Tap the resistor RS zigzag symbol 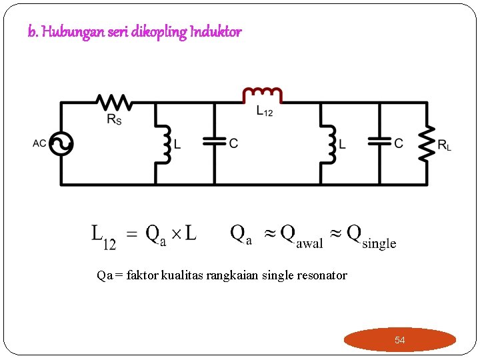point(114,102)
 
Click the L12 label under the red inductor point(265,113)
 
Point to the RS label point(114,120)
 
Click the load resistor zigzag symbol point(427,143)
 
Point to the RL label point(444,145)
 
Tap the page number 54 point(399,340)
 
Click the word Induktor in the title point(215,31)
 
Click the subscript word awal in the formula point(309,243)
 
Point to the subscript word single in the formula point(379,243)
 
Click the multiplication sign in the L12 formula point(175,234)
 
